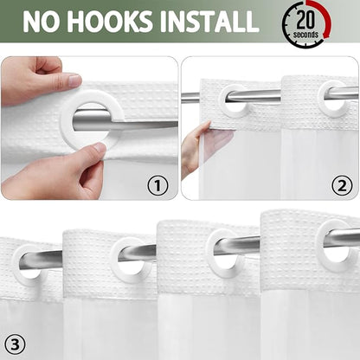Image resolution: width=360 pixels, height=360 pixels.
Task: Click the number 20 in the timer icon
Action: point(305,20)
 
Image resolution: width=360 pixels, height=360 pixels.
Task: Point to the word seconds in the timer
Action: point(305,35)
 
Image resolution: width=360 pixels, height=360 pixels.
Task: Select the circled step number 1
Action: point(157,186)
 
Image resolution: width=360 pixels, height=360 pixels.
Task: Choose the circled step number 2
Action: point(342,186)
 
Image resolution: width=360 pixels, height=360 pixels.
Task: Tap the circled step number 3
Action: point(15,344)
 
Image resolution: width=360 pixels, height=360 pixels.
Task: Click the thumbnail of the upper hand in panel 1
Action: point(74,80)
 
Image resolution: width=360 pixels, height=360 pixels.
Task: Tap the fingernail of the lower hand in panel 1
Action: point(100,148)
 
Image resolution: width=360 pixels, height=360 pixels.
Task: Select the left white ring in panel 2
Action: point(224,106)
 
